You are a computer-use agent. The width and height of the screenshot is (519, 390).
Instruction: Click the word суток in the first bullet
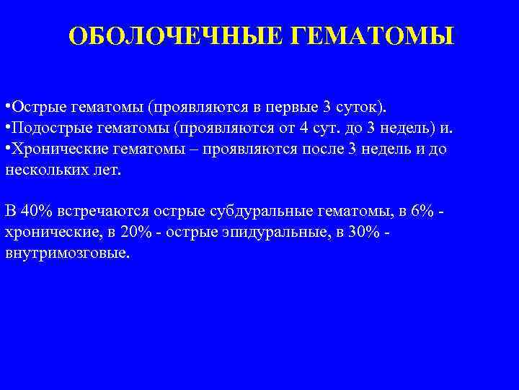(x=365, y=108)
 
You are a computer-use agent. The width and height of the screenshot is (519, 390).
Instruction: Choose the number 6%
(x=421, y=212)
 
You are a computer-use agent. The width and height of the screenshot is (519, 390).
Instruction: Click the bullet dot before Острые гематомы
(x=6, y=108)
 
